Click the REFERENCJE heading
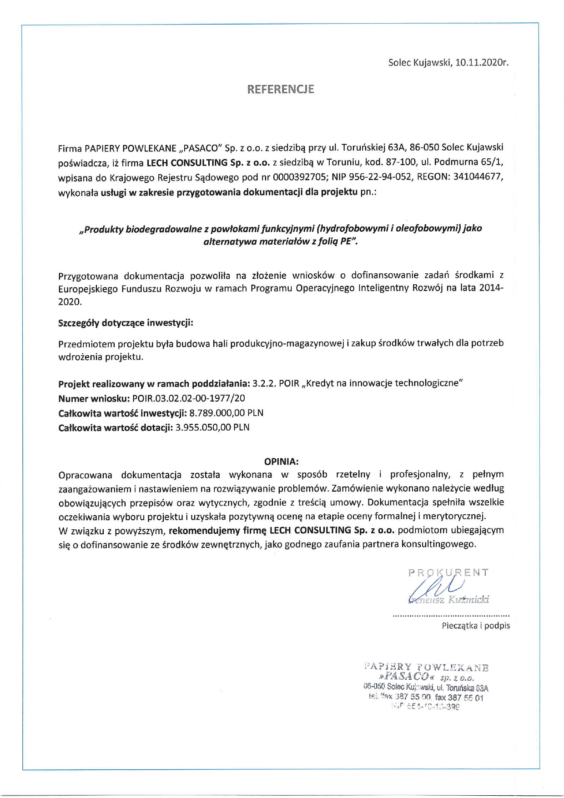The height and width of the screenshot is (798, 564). click(281, 89)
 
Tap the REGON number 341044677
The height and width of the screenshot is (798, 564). click(478, 177)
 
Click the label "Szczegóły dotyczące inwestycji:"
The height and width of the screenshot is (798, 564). click(126, 323)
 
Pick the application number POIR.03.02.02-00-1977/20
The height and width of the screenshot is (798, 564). click(188, 398)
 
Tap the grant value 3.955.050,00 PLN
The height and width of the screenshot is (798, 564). click(212, 427)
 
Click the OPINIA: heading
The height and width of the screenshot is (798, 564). click(281, 462)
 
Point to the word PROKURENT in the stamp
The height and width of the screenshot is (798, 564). click(448, 572)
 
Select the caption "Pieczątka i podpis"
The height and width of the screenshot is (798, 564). click(476, 626)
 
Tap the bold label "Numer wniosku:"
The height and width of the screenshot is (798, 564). click(94, 398)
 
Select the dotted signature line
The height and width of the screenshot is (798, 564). click(451, 616)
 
